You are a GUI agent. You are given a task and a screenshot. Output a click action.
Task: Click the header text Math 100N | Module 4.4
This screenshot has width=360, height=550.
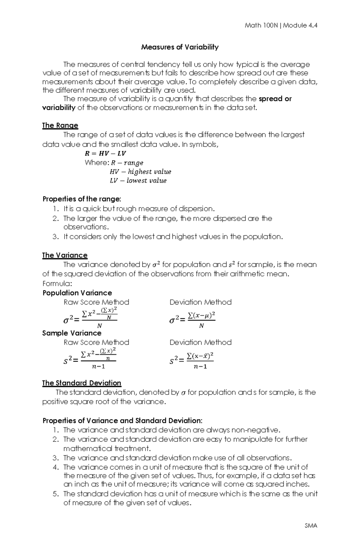[281, 25]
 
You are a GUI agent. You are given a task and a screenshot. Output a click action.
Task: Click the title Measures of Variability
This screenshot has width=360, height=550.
[180, 47]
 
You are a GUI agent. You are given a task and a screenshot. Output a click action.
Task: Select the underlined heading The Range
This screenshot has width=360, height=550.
[60, 125]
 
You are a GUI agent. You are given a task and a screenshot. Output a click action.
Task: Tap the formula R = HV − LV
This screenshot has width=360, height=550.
[105, 153]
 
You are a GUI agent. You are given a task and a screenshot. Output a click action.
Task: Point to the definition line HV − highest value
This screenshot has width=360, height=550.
[140, 172]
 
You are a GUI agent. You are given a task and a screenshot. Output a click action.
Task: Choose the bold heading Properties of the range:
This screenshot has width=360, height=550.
[82, 199]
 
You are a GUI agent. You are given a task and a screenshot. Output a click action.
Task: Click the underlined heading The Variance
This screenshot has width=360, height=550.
[64, 255]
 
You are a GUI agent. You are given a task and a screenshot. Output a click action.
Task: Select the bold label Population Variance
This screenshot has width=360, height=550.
[77, 293]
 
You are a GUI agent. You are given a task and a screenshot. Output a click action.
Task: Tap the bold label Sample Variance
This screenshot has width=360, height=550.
[72, 333]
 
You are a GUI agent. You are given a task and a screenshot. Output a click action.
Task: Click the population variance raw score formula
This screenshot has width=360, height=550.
[90, 317]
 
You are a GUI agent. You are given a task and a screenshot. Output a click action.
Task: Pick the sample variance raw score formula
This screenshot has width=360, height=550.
[90, 358]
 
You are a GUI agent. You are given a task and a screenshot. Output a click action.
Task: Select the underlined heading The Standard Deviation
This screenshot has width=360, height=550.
[82, 383]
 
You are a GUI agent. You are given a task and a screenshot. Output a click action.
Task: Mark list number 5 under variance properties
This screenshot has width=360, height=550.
[55, 494]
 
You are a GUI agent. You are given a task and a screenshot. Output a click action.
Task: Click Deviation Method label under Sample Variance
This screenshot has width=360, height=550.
[200, 342]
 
